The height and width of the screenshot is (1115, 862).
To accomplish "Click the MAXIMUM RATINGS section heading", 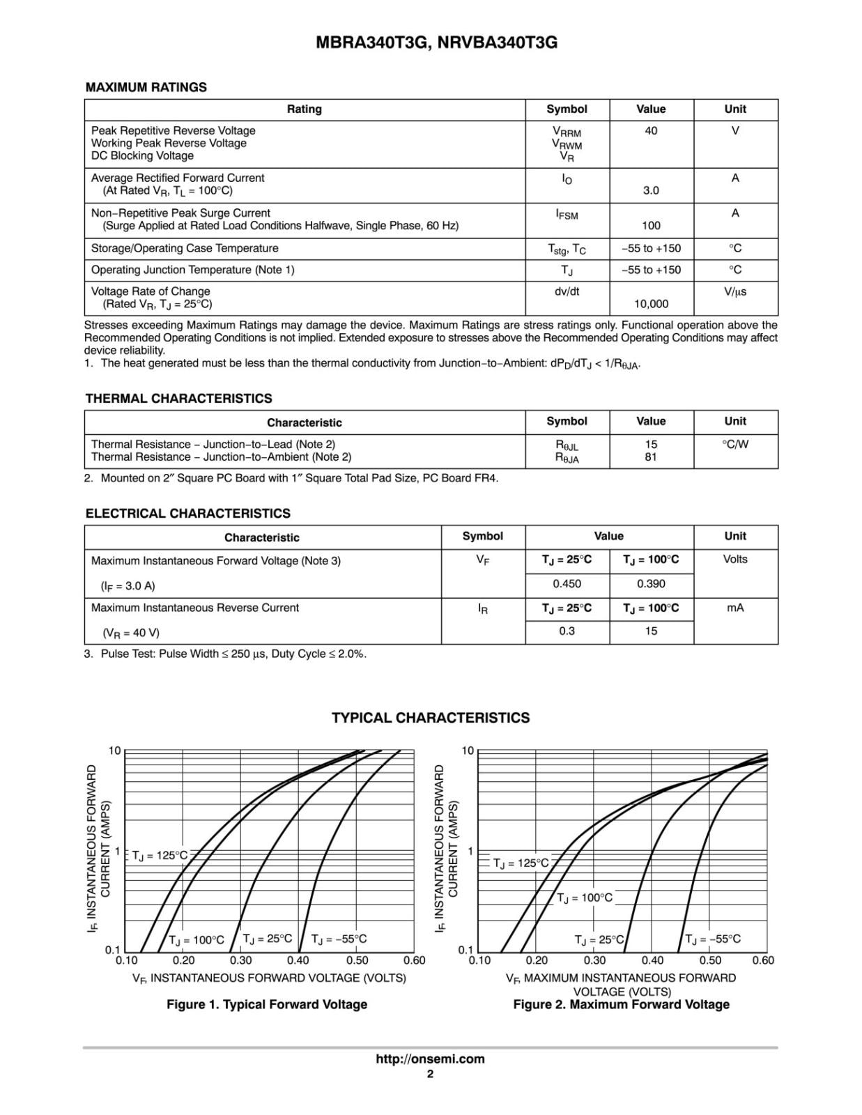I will tap(146, 87).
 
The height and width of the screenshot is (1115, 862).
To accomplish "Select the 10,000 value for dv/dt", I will tap(651, 304).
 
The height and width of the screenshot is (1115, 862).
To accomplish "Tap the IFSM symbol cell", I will tap(567, 215).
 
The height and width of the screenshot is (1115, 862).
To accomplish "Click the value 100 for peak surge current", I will tap(651, 225).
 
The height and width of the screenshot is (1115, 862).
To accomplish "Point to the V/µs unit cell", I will tap(734, 291).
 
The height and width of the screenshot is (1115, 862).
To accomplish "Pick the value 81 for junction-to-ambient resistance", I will tap(651, 457).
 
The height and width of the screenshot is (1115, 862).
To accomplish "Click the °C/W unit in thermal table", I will tap(734, 445).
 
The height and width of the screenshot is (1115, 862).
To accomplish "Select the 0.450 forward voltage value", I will tap(567, 584).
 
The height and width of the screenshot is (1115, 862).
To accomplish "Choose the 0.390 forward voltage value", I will tap(651, 584).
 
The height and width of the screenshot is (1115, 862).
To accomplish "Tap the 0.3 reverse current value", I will tap(567, 631).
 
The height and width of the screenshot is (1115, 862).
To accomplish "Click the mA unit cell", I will tap(734, 608).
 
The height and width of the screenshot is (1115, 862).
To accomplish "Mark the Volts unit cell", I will tap(734, 559).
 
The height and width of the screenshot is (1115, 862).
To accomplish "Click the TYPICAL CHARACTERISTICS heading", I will tap(430, 718).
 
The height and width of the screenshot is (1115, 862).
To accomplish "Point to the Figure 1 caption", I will tap(266, 1004).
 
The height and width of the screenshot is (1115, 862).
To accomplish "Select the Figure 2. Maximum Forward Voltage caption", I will tap(621, 1004).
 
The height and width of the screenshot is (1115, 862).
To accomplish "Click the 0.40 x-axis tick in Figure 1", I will tap(298, 960).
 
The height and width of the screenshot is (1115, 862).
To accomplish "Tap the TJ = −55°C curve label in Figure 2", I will tap(713, 939).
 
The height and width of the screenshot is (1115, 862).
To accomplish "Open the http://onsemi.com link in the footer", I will tap(430, 1059).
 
